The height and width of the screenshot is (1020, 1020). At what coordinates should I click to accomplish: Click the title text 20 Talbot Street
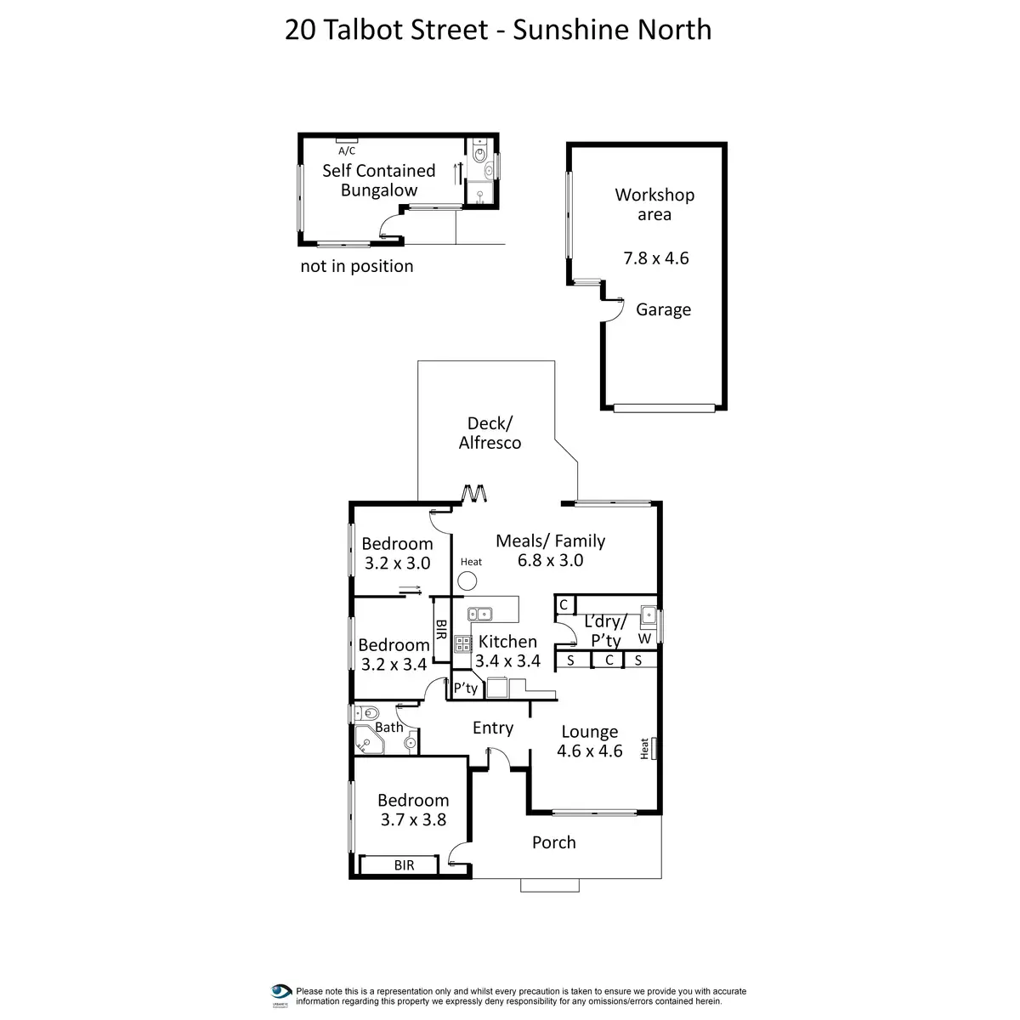coord(387,30)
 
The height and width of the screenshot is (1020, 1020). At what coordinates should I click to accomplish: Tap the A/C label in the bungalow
coord(347,151)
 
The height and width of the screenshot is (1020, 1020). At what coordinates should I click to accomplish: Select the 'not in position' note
coord(357,266)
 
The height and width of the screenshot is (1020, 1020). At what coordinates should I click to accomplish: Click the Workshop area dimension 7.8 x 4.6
coord(656,258)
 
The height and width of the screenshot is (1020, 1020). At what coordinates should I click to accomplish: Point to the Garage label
coord(663,309)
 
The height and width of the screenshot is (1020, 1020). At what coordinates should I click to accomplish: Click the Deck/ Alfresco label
coord(490,433)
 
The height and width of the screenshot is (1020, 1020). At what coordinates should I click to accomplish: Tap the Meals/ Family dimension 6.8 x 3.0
coord(550,560)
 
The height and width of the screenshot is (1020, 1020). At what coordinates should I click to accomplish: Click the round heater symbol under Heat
coord(467,581)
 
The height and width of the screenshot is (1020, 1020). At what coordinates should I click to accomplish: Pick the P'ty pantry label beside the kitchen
coord(466,688)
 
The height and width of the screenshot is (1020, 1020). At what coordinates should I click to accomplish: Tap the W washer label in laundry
coord(644,638)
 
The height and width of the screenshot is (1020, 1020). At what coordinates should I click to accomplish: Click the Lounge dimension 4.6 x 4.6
coord(590,751)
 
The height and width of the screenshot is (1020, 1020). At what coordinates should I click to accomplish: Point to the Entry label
coord(493,728)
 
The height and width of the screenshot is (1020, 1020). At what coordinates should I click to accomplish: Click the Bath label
coord(389,727)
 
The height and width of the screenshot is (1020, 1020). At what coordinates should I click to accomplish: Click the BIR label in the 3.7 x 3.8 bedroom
coord(404,865)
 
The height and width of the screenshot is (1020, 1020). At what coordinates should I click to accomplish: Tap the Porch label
coord(554,842)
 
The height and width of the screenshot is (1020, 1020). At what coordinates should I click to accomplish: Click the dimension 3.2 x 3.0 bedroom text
coord(397,563)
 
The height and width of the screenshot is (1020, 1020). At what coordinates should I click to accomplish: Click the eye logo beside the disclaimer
coord(281,992)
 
